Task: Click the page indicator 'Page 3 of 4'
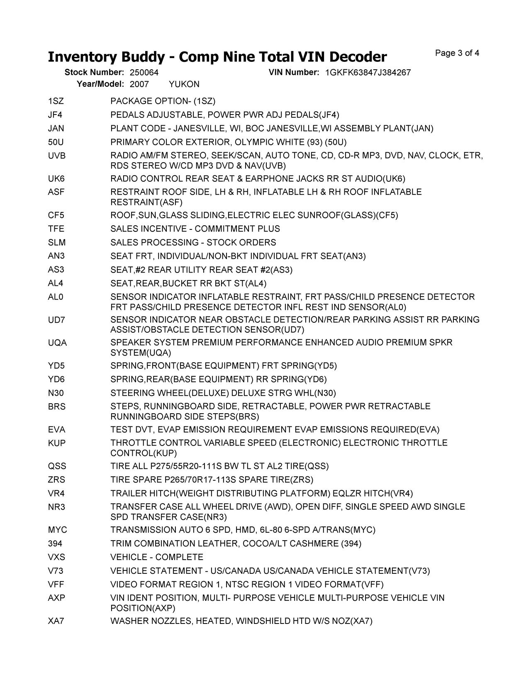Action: pos(457,53)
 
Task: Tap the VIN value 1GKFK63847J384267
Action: pos(368,73)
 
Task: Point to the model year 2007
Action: pos(139,84)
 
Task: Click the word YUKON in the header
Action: pos(184,84)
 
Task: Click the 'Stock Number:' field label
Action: pos(94,73)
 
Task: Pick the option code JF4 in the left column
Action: pos(55,115)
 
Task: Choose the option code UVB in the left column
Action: pos(57,156)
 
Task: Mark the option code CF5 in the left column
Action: pos(56,215)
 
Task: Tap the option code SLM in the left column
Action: pos(57,243)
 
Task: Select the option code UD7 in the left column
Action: pos(56,320)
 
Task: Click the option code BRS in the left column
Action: pos(57,407)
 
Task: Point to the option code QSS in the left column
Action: pos(57,466)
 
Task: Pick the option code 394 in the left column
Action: pos(55,543)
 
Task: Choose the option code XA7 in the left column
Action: pos(56,621)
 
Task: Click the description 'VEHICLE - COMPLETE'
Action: pos(157,557)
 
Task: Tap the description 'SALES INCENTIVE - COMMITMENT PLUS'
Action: pos(195,229)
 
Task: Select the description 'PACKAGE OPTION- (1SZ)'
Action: pos(163,101)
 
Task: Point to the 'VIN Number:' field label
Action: pos(294,73)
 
